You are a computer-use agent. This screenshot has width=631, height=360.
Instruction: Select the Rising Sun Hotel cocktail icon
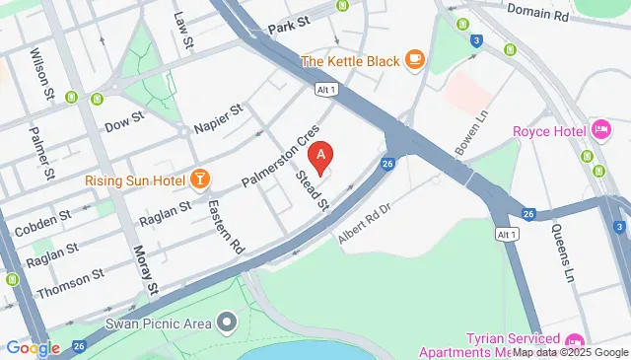click(x=200, y=179)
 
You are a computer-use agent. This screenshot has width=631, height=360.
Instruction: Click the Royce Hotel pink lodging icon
click(x=600, y=130)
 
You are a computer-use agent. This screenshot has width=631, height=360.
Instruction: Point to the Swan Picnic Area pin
click(x=229, y=323)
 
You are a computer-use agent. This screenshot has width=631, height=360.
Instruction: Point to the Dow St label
click(x=124, y=125)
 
